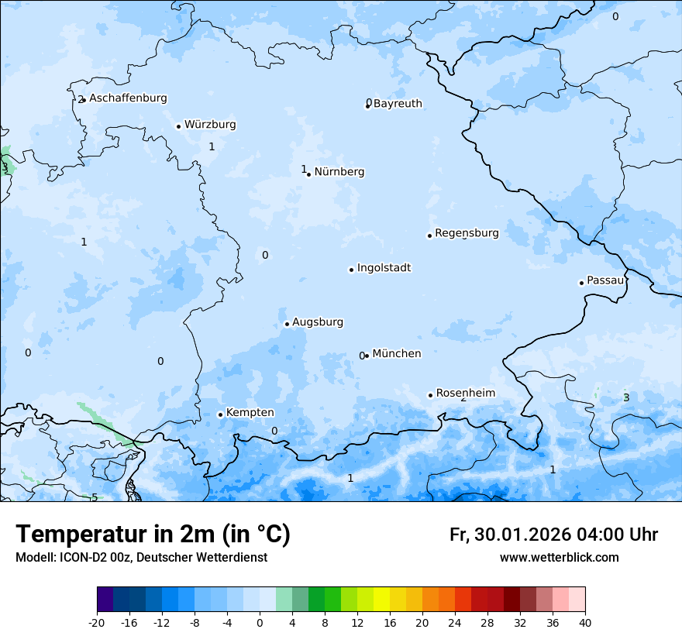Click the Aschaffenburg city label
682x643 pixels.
tap(128, 98)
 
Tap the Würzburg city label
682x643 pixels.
tap(210, 125)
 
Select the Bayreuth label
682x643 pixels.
tap(398, 104)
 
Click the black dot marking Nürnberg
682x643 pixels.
tap(308, 174)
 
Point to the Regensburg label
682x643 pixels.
tap(467, 233)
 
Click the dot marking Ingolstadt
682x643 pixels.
tap(351, 270)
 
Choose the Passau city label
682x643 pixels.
tap(604, 280)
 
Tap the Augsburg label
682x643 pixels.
tap(318, 322)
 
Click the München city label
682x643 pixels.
tap(397, 354)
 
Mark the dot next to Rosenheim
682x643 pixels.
tap(431, 395)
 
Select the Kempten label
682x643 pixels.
tap(250, 413)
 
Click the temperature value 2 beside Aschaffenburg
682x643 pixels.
tap(80, 100)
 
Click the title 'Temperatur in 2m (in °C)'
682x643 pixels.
tap(153, 535)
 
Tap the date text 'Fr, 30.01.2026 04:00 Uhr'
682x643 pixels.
tap(553, 535)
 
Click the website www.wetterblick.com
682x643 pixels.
tap(559, 558)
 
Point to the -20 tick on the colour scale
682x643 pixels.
tap(97, 622)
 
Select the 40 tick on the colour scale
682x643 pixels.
tap(585, 622)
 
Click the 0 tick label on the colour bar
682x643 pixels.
tap(260, 622)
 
